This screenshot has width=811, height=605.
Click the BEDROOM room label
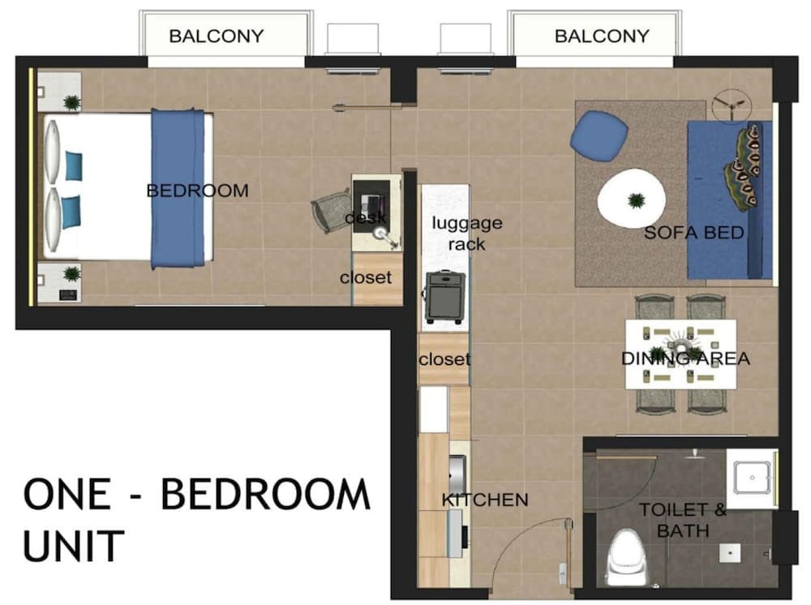197,191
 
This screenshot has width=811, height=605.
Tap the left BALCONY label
216,36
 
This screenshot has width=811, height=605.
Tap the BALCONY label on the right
602,36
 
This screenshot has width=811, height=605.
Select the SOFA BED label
693,233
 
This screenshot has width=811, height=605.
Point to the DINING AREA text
685,358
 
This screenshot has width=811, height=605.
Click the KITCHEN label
484,500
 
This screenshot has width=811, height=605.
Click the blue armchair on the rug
599,135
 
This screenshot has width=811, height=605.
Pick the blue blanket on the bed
178,187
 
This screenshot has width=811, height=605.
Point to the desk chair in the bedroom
332,211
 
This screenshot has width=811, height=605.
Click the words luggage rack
466,233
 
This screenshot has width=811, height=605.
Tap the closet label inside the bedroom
365,277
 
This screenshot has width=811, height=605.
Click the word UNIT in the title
74,545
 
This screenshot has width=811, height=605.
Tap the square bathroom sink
751,478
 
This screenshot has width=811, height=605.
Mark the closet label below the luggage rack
444,358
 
